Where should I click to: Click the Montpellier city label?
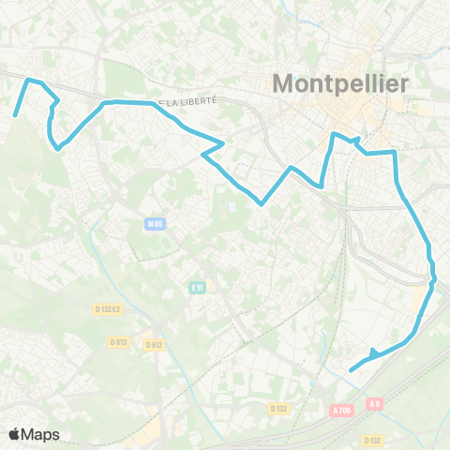[x=340, y=83]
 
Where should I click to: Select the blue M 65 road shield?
[x=155, y=223]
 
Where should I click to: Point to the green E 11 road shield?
[x=197, y=287]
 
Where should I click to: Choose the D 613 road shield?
[x=118, y=341]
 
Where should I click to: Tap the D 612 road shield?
[x=155, y=344]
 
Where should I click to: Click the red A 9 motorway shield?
[x=375, y=403]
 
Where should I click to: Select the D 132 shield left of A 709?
[x=278, y=409]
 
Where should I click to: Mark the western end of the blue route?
[x=15, y=116]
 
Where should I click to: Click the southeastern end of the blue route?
[x=351, y=370]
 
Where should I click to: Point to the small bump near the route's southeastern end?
[x=373, y=352]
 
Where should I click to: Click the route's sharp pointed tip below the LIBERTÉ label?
[x=223, y=143]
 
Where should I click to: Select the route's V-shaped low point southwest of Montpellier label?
[x=262, y=202]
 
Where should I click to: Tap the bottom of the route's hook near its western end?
[x=57, y=147]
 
